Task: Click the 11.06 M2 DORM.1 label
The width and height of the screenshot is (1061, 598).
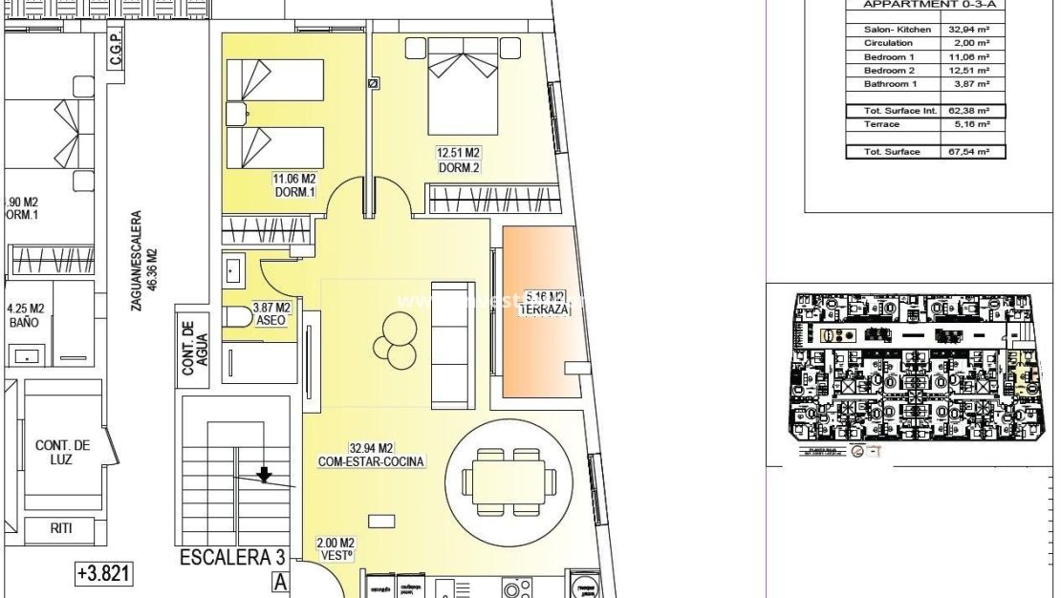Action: tap(295, 184)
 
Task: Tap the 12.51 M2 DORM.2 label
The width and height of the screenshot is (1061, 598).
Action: tap(458, 160)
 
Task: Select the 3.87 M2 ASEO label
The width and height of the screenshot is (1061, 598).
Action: tap(271, 314)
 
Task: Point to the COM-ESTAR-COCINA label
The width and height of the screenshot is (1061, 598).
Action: tap(372, 455)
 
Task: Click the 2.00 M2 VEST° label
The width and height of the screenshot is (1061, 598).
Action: tap(336, 548)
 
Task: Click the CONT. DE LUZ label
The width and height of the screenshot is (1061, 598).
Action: tap(63, 452)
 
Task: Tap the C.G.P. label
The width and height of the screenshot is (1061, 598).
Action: tap(115, 58)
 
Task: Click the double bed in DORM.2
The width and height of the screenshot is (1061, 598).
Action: tap(464, 86)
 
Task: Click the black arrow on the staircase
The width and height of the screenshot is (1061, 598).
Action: tap(264, 474)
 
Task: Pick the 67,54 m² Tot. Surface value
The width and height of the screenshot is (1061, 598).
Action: tap(968, 152)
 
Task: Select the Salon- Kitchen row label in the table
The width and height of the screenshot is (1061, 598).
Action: tap(897, 30)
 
